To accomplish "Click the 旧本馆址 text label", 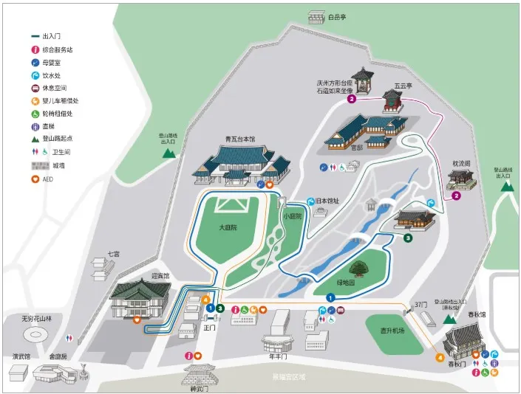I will pyautogui.click(x=329, y=201).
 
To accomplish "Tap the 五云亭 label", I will pyautogui.click(x=402, y=86).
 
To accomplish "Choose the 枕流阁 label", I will pyautogui.click(x=461, y=165).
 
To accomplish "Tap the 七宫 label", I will pyautogui.click(x=112, y=254).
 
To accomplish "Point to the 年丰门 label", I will pyautogui.click(x=278, y=357).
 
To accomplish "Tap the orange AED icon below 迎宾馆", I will pyautogui.click(x=137, y=319).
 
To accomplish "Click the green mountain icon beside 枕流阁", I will pyautogui.click(x=507, y=185).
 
